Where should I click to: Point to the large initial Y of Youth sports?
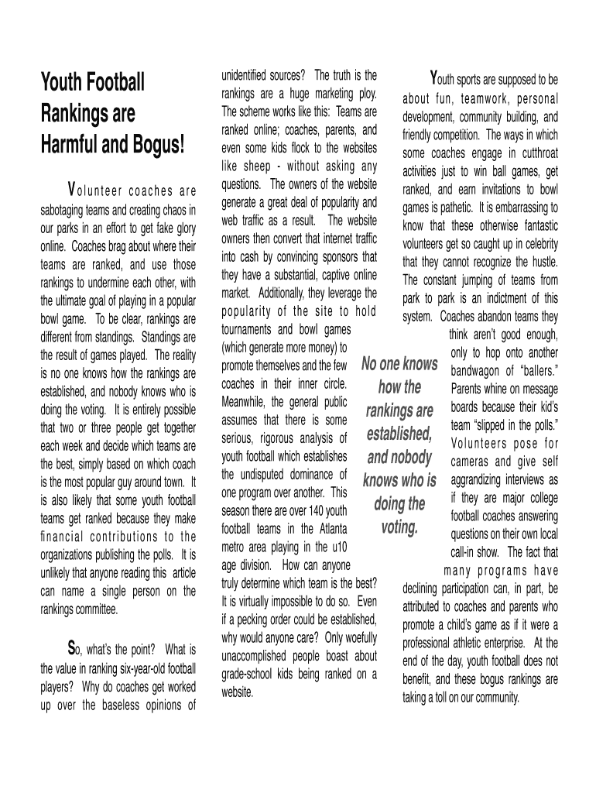coord(435,78)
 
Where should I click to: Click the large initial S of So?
coord(71,647)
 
